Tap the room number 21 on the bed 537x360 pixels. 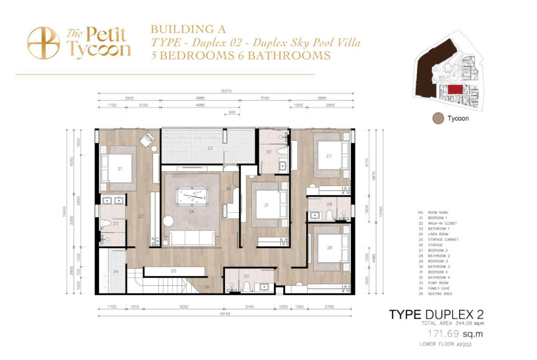click(x=119, y=169)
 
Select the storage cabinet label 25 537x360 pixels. click(x=173, y=270)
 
